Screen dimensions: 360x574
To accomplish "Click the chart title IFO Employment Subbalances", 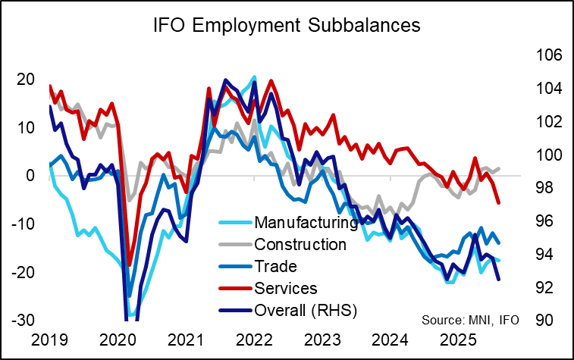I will coord(287,25).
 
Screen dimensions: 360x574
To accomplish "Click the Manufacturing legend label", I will coord(306,223).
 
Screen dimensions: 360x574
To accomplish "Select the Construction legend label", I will coord(300,244).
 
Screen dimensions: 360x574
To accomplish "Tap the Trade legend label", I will coord(276,266).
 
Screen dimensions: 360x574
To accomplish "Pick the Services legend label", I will coord(286,288).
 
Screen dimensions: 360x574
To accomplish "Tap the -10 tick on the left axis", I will coord(23,224).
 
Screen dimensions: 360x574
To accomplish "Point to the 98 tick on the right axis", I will coord(544,188).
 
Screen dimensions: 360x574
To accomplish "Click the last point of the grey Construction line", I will coord(499,168).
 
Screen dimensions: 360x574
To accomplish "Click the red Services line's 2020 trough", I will coord(130,265).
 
